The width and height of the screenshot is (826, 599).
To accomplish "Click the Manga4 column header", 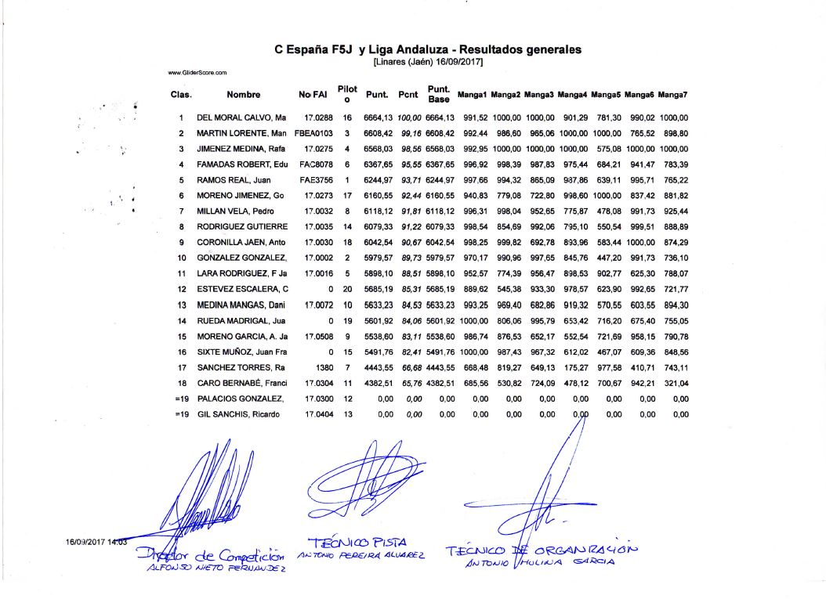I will (x=573, y=95).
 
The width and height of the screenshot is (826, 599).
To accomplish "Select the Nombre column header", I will (x=243, y=95).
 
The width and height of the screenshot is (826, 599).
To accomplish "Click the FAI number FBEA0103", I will (x=314, y=133).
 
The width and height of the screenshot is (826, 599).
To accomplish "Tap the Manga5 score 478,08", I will (x=607, y=211).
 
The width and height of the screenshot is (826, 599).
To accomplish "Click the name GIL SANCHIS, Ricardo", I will (x=238, y=413).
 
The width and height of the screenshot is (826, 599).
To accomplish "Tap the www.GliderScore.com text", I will (x=197, y=73).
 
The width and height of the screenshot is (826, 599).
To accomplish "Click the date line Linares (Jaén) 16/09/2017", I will (x=428, y=61).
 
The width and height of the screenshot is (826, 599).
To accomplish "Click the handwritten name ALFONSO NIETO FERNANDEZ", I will (x=217, y=569).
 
